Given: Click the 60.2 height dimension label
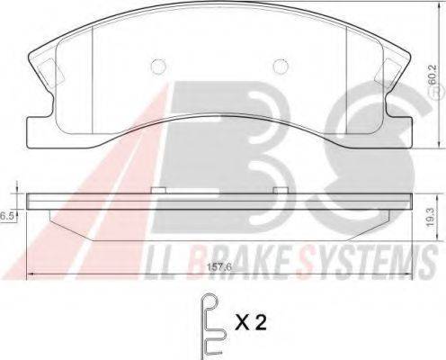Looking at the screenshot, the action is tap(432, 76).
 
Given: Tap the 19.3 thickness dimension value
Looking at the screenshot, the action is tap(431, 218).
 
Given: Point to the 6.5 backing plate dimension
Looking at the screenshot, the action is tap(7, 216).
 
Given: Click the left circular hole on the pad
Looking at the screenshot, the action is tap(157, 66).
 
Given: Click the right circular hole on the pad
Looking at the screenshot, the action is tap(281, 66).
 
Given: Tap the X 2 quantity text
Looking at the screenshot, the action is tap(250, 322).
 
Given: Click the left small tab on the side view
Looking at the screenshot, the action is tap(158, 190).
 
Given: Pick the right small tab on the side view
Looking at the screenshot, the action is tap(281, 190).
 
